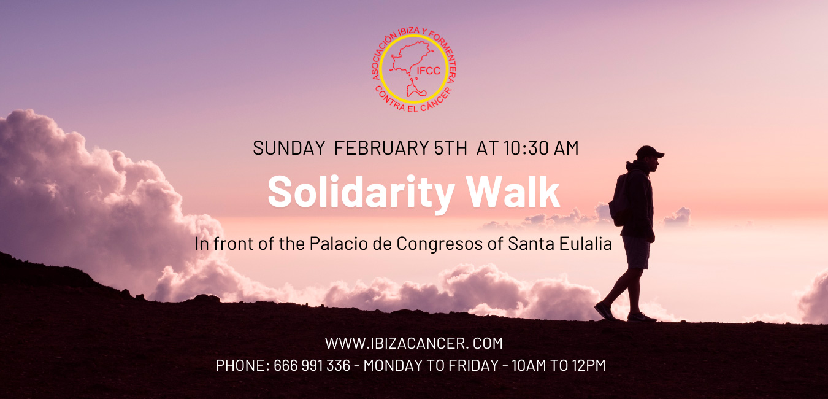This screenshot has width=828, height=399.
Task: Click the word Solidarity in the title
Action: coord(361,193)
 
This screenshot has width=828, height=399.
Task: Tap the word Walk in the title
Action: coord(513,192)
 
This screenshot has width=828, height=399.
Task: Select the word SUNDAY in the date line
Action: coord(289,148)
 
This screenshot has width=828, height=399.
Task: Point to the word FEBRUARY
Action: coord(381,148)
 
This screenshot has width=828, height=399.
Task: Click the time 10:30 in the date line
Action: coord(521,148)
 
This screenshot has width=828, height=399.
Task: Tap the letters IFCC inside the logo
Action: coord(429,71)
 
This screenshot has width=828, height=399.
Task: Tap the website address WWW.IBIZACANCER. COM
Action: coord(413,343)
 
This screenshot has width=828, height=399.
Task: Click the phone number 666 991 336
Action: coord(312,365)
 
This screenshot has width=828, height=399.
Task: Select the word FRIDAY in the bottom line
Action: coord(473,365)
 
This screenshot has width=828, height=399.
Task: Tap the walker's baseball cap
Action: coord(649,152)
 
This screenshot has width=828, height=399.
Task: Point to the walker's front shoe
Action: coord(642,317)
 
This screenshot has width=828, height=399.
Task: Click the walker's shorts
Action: coord(635,252)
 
